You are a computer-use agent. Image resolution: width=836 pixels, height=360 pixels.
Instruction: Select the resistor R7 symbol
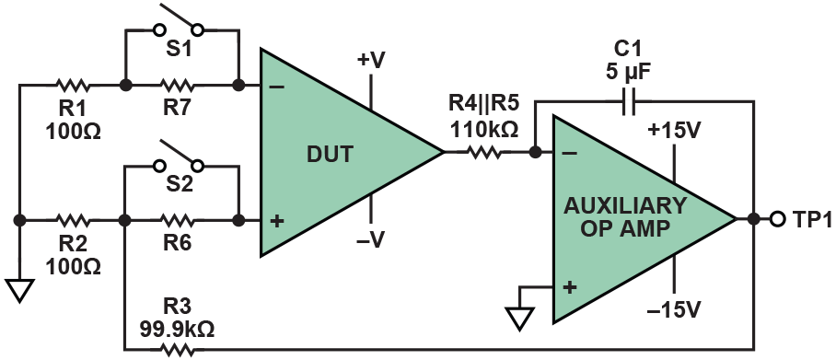coord(180,85)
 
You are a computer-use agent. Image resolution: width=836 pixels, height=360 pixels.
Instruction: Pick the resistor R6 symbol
coord(180,221)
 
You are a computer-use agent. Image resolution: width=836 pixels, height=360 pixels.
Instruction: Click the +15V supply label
coord(676,130)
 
